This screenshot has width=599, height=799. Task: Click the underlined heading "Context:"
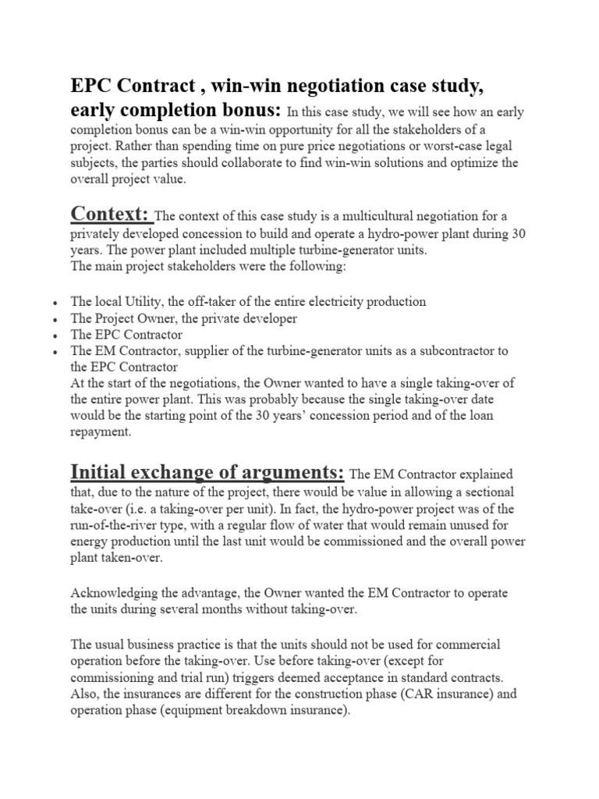pyautogui.click(x=111, y=212)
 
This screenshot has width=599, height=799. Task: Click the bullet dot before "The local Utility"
pyautogui.click(x=51, y=303)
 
